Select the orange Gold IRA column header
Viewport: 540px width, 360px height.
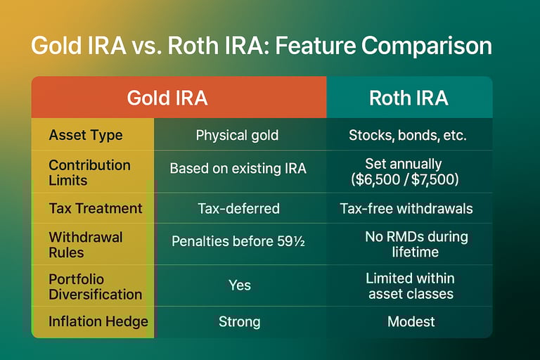pyautogui.click(x=179, y=97)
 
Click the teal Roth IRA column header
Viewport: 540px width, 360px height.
pyautogui.click(x=409, y=97)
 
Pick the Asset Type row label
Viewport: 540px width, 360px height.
pyautogui.click(x=86, y=135)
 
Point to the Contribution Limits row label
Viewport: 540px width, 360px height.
pyautogui.click(x=89, y=172)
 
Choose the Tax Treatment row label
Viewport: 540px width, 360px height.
pyautogui.click(x=96, y=208)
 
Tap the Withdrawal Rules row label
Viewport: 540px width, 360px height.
pyautogui.click(x=85, y=245)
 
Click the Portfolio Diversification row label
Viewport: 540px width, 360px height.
pyautogui.click(x=95, y=287)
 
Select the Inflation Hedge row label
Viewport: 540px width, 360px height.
pyautogui.click(x=98, y=321)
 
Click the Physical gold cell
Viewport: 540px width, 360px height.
pyautogui.click(x=237, y=135)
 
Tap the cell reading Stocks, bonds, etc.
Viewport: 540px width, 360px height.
pyautogui.click(x=407, y=135)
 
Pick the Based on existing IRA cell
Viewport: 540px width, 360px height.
pyautogui.click(x=238, y=169)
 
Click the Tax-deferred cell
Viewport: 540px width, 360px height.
pyautogui.click(x=238, y=208)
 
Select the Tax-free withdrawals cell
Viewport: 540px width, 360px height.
pyautogui.click(x=406, y=208)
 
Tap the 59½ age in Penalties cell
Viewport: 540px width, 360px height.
pyautogui.click(x=291, y=241)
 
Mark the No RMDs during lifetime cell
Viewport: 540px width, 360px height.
pyautogui.click(x=416, y=244)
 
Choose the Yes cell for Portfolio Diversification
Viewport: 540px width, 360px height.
pyautogui.click(x=240, y=285)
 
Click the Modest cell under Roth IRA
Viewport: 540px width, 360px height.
pyautogui.click(x=411, y=321)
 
